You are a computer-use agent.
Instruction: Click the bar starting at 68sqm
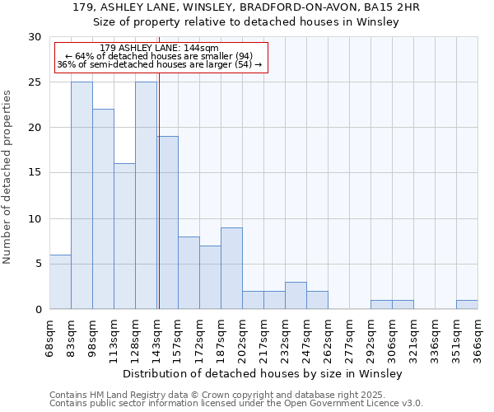[x=60, y=282]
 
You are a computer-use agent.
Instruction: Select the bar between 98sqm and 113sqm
[x=103, y=209]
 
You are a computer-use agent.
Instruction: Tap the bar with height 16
[x=124, y=236]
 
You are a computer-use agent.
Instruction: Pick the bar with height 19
[x=168, y=222]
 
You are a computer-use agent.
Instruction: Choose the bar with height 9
[x=231, y=269]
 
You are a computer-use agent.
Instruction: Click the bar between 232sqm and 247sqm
[x=296, y=296]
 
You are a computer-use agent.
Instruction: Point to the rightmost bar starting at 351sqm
[x=467, y=305]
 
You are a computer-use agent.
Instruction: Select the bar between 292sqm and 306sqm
[x=381, y=305]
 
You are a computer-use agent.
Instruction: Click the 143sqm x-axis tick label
[x=156, y=338]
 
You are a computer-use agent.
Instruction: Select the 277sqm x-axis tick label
[x=349, y=338]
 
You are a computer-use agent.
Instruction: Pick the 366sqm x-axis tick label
[x=478, y=338]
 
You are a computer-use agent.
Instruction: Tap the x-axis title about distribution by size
[x=263, y=373]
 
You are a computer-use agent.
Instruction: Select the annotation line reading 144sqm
[x=159, y=48]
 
